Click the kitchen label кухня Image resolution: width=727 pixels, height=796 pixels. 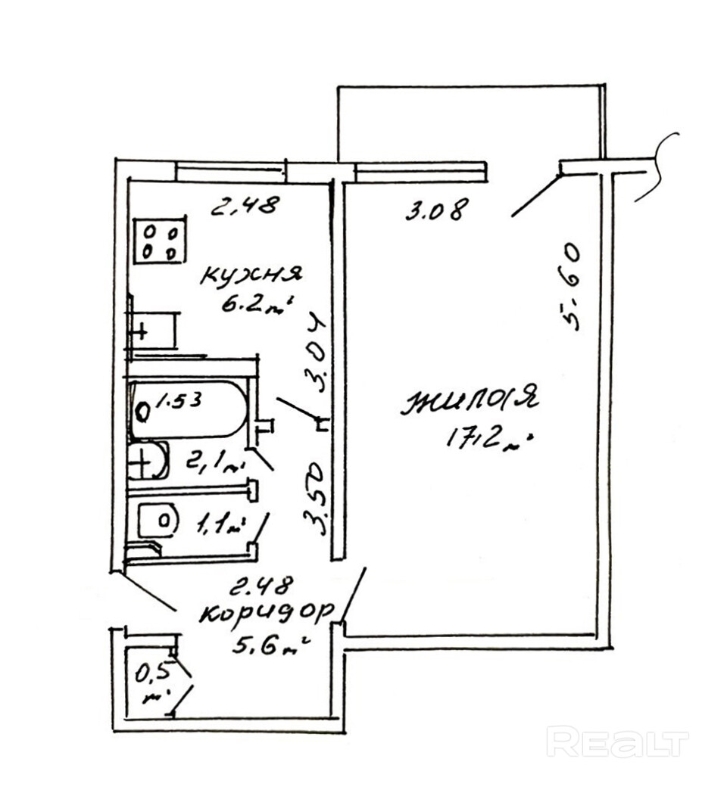(x=251, y=275)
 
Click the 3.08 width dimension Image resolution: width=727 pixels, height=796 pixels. (x=433, y=209)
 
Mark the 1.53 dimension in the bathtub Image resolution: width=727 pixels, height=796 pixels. (x=179, y=400)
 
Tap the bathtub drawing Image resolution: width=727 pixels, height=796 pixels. (x=189, y=410)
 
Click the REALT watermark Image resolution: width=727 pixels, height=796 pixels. (x=617, y=742)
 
